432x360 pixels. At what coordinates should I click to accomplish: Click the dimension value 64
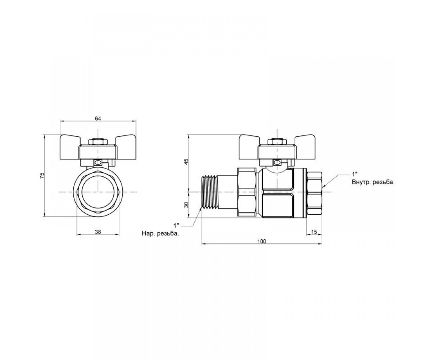point(98,118)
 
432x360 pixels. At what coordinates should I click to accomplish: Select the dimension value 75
point(42,176)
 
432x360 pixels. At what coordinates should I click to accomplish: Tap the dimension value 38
point(98,232)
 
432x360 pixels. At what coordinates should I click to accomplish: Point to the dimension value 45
point(186,161)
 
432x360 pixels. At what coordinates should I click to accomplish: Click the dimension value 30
point(186,205)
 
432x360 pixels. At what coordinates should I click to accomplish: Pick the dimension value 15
point(314,232)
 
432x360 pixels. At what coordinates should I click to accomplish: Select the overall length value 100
point(262,242)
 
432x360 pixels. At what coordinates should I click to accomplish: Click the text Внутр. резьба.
point(373,182)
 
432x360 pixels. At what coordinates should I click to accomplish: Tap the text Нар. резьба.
point(160,234)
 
